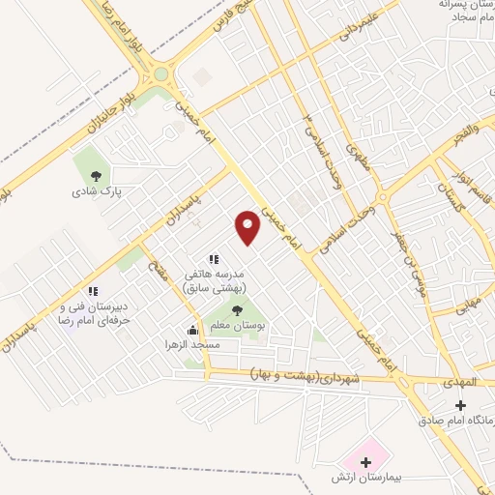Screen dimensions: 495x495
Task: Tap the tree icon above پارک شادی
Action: point(95,175)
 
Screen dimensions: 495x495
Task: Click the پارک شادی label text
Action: point(93,191)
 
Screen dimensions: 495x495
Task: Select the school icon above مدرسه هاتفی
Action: point(214,259)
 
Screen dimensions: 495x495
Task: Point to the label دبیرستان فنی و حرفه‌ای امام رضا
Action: point(93,312)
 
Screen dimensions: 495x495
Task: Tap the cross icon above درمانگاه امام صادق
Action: point(460,405)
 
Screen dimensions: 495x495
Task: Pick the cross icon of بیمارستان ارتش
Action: point(364,462)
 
